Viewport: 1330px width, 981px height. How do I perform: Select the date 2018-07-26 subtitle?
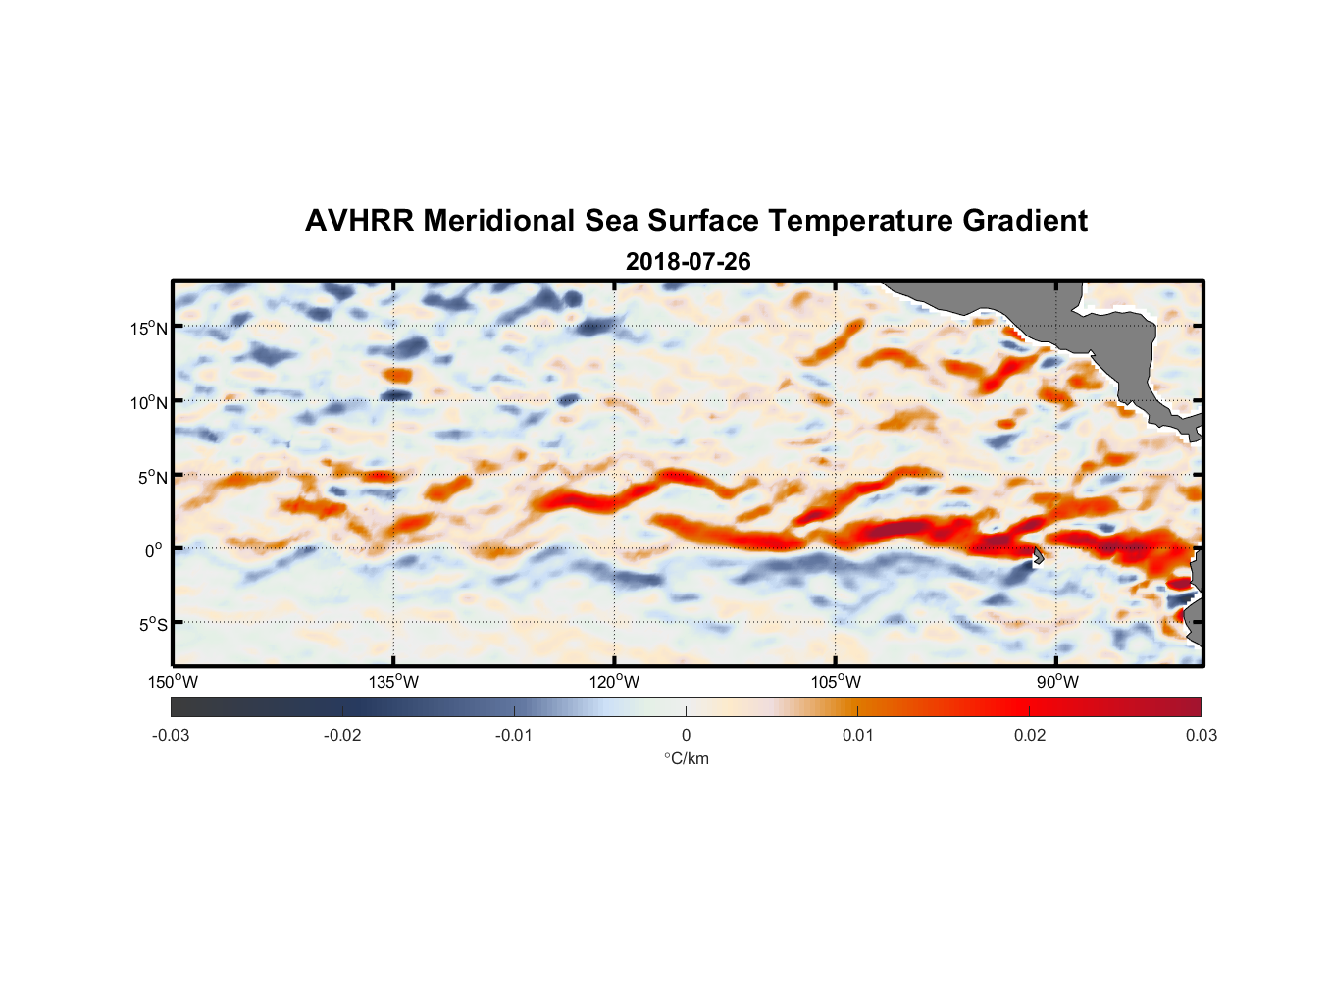688,262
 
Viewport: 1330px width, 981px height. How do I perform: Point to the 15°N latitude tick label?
149,328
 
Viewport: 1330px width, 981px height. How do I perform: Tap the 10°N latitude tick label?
149,402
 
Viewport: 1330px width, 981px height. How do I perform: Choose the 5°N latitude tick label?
152,477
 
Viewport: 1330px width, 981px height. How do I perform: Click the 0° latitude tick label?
155,550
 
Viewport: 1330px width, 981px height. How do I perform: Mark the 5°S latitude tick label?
152,625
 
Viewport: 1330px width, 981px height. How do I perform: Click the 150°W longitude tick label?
173,682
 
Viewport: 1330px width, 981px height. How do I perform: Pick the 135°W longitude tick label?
393,682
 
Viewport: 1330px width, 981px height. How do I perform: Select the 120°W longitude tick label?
614,682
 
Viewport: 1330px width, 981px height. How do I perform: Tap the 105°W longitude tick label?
836,682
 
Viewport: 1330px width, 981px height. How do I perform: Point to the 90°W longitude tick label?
1057,682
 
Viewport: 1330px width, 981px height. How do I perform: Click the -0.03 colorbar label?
171,736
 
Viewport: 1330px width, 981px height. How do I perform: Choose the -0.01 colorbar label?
514,736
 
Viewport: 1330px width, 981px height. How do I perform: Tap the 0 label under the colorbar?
686,736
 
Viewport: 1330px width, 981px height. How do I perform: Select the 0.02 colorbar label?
1030,736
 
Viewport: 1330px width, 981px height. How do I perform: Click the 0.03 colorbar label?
1202,736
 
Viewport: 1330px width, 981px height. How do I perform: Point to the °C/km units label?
687,759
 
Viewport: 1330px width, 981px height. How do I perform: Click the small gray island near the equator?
1038,556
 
